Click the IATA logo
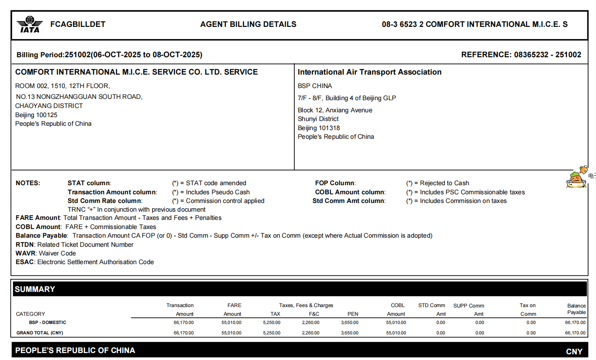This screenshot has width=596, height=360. [x=30, y=25]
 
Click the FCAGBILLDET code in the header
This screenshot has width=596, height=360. [x=78, y=24]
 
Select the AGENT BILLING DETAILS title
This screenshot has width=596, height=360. [x=248, y=24]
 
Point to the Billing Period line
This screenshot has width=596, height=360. [x=109, y=55]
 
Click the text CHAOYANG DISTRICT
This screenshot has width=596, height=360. [x=49, y=106]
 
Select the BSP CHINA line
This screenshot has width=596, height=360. [x=315, y=86]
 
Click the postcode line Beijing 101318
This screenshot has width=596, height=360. [x=319, y=128]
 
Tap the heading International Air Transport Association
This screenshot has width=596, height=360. [x=370, y=72]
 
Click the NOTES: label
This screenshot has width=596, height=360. [x=28, y=183]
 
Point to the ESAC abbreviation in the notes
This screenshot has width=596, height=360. [x=25, y=262]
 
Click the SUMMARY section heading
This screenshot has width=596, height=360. [x=35, y=289]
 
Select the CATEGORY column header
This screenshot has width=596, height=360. [x=30, y=314]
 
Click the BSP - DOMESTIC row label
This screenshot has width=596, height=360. [x=48, y=323]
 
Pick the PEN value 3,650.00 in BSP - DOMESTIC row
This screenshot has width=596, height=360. [x=349, y=323]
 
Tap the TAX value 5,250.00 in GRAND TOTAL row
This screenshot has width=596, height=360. [x=271, y=333]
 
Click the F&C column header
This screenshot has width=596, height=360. [x=314, y=314]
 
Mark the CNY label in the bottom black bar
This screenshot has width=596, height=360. [x=574, y=352]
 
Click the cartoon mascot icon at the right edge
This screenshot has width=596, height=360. [x=576, y=178]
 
